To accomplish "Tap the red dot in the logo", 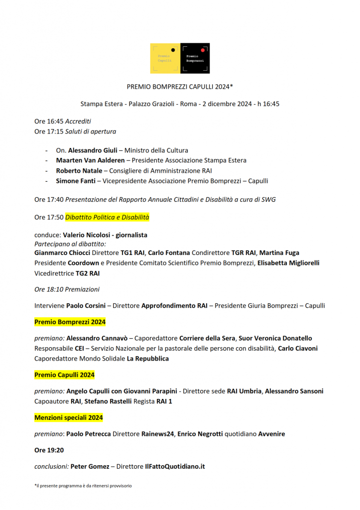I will (203, 50).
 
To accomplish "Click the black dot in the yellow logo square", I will (172, 50).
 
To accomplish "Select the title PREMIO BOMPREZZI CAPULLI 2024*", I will (180, 87).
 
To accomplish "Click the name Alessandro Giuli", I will (93, 150).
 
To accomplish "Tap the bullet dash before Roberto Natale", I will (46, 170).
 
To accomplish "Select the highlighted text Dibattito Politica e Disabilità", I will (107, 217).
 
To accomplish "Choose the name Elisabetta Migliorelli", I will (288, 262).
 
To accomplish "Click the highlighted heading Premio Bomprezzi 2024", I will (70, 322).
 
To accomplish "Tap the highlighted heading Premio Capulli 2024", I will (64, 375).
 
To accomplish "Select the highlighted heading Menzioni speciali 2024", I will (69, 417).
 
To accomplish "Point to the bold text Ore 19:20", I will (49, 450).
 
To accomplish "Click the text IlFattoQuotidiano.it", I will (175, 467).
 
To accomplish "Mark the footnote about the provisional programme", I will (83, 485).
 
